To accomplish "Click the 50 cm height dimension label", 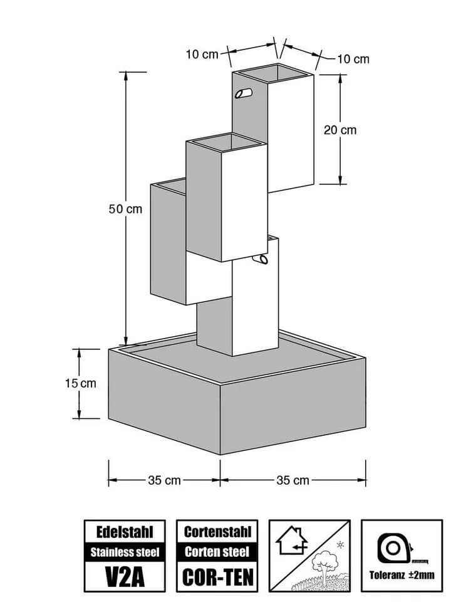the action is coord(125,209).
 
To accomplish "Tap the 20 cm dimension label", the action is coord(340,130).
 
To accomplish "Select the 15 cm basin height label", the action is coord(81,383).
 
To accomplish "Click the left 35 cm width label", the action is coord(164,480).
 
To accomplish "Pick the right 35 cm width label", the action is coord(293,480).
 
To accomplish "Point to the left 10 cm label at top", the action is coord(202,55).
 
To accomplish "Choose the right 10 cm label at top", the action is coord(353,59).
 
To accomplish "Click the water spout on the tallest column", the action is coord(244,93).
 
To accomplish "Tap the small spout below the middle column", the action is coord(262,260).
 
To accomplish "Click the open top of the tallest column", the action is coord(273,73).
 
